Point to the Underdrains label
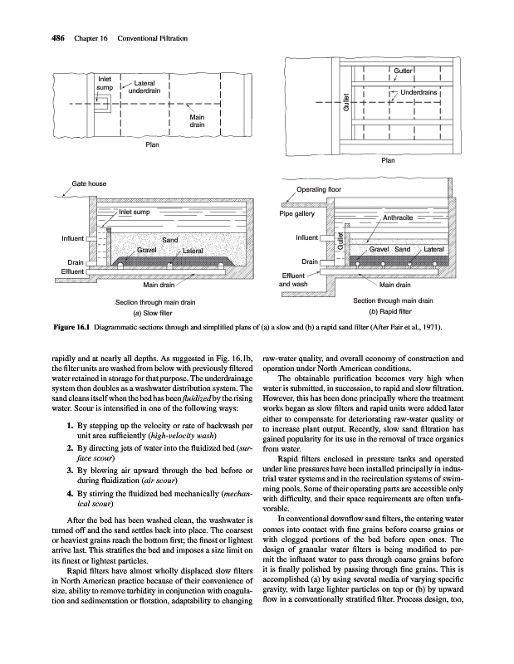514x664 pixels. [419, 92]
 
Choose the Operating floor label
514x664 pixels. [320, 190]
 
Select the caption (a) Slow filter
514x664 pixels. [149, 314]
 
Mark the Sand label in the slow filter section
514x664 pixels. [170, 241]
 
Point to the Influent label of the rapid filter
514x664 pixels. [308, 238]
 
